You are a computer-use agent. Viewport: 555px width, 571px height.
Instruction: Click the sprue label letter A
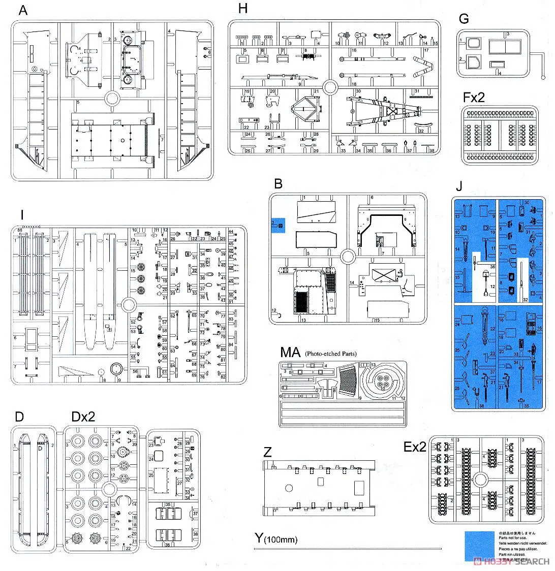click(x=22, y=10)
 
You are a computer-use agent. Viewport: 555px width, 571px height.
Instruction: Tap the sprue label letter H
click(x=242, y=9)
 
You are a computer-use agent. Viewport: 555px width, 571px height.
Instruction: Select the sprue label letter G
click(x=463, y=19)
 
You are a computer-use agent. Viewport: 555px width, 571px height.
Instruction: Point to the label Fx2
click(x=474, y=97)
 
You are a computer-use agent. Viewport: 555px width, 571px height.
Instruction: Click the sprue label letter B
click(x=278, y=183)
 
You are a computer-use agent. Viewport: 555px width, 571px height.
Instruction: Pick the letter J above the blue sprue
click(x=458, y=186)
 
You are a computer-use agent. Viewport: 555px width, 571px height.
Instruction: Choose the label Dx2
click(x=84, y=417)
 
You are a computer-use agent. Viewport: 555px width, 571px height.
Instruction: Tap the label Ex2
click(x=415, y=447)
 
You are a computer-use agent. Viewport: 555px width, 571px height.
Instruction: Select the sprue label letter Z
click(x=269, y=451)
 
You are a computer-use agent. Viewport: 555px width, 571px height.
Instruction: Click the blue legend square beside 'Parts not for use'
click(x=479, y=546)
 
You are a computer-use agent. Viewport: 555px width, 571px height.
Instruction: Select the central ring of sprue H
click(x=330, y=88)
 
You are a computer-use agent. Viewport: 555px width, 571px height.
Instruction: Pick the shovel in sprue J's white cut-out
click(x=486, y=279)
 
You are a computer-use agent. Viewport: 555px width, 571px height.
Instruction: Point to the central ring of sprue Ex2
click(x=480, y=479)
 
